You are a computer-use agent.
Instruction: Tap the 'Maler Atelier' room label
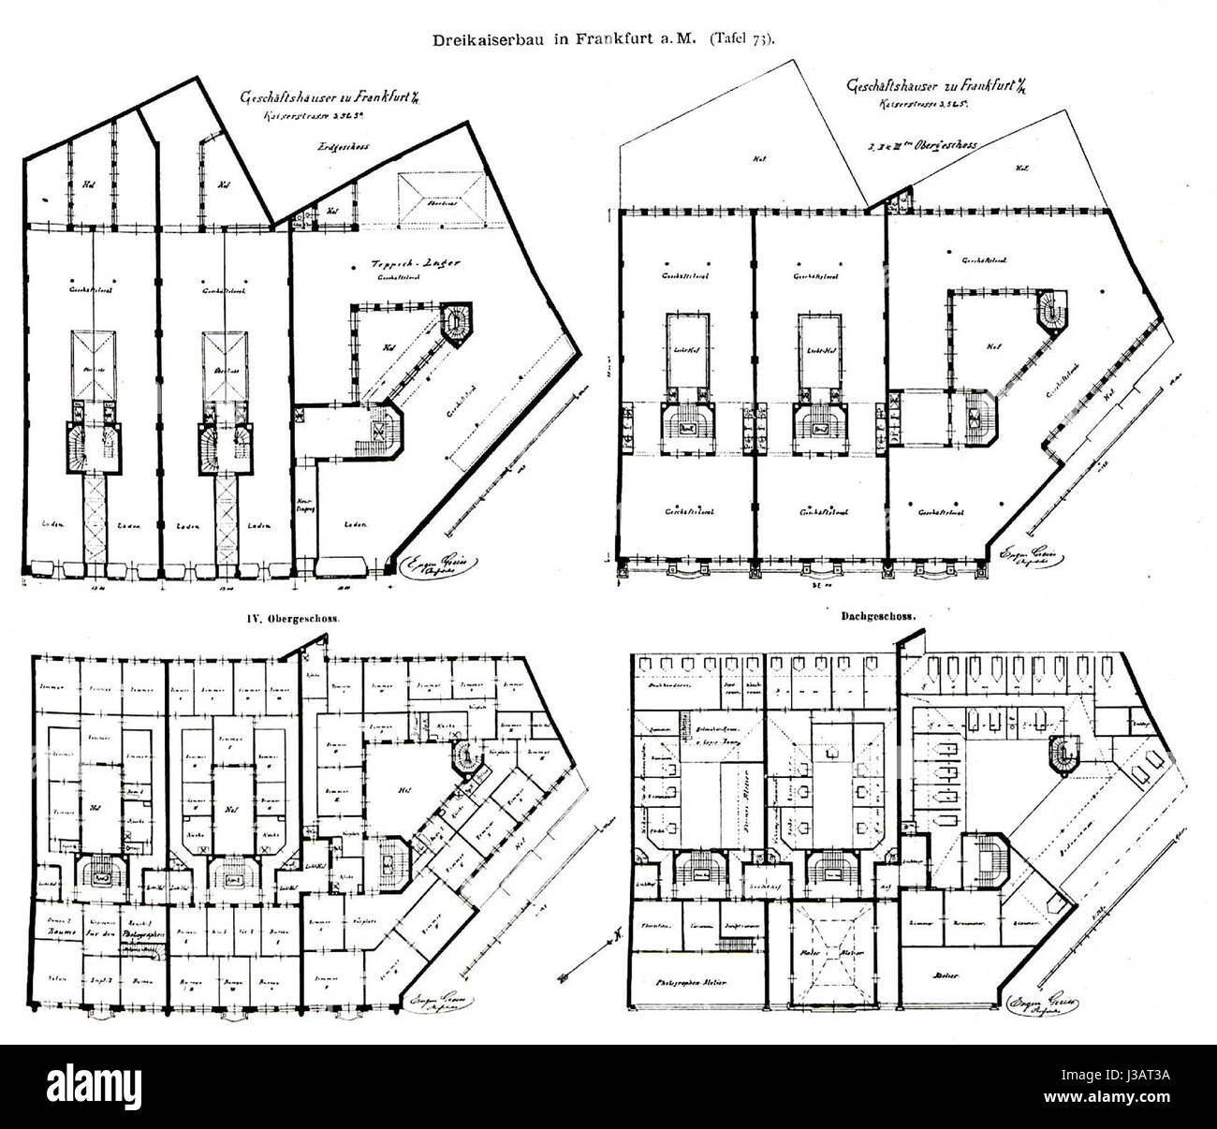829,955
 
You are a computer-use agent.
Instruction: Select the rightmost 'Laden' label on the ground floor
354,525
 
